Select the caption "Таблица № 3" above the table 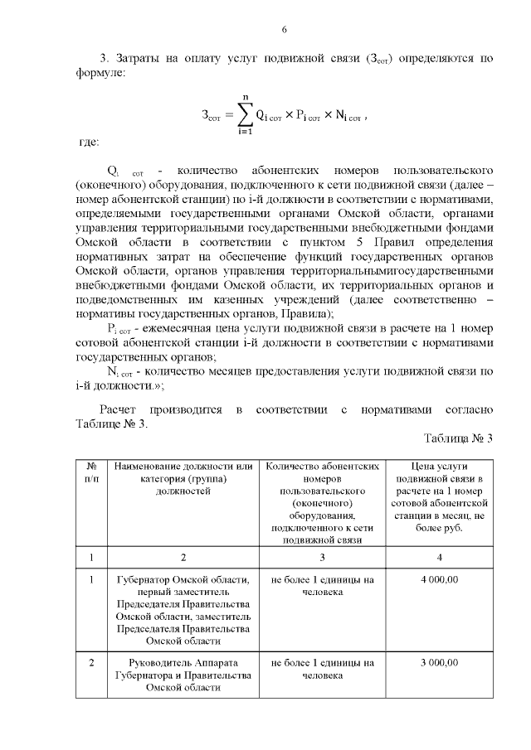coord(458,438)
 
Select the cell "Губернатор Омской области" coord(184,609)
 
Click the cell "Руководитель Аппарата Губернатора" coord(184,675)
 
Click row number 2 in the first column coord(91,663)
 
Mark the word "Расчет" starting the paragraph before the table coord(119,409)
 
